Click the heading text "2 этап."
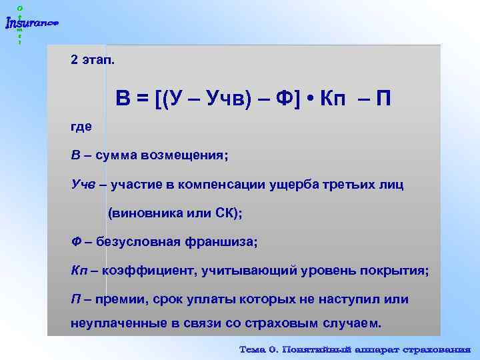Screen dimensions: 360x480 click(x=93, y=60)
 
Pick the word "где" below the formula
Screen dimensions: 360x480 click(x=81, y=127)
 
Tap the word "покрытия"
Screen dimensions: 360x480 click(x=393, y=271)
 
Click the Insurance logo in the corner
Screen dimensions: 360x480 click(x=31, y=23)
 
